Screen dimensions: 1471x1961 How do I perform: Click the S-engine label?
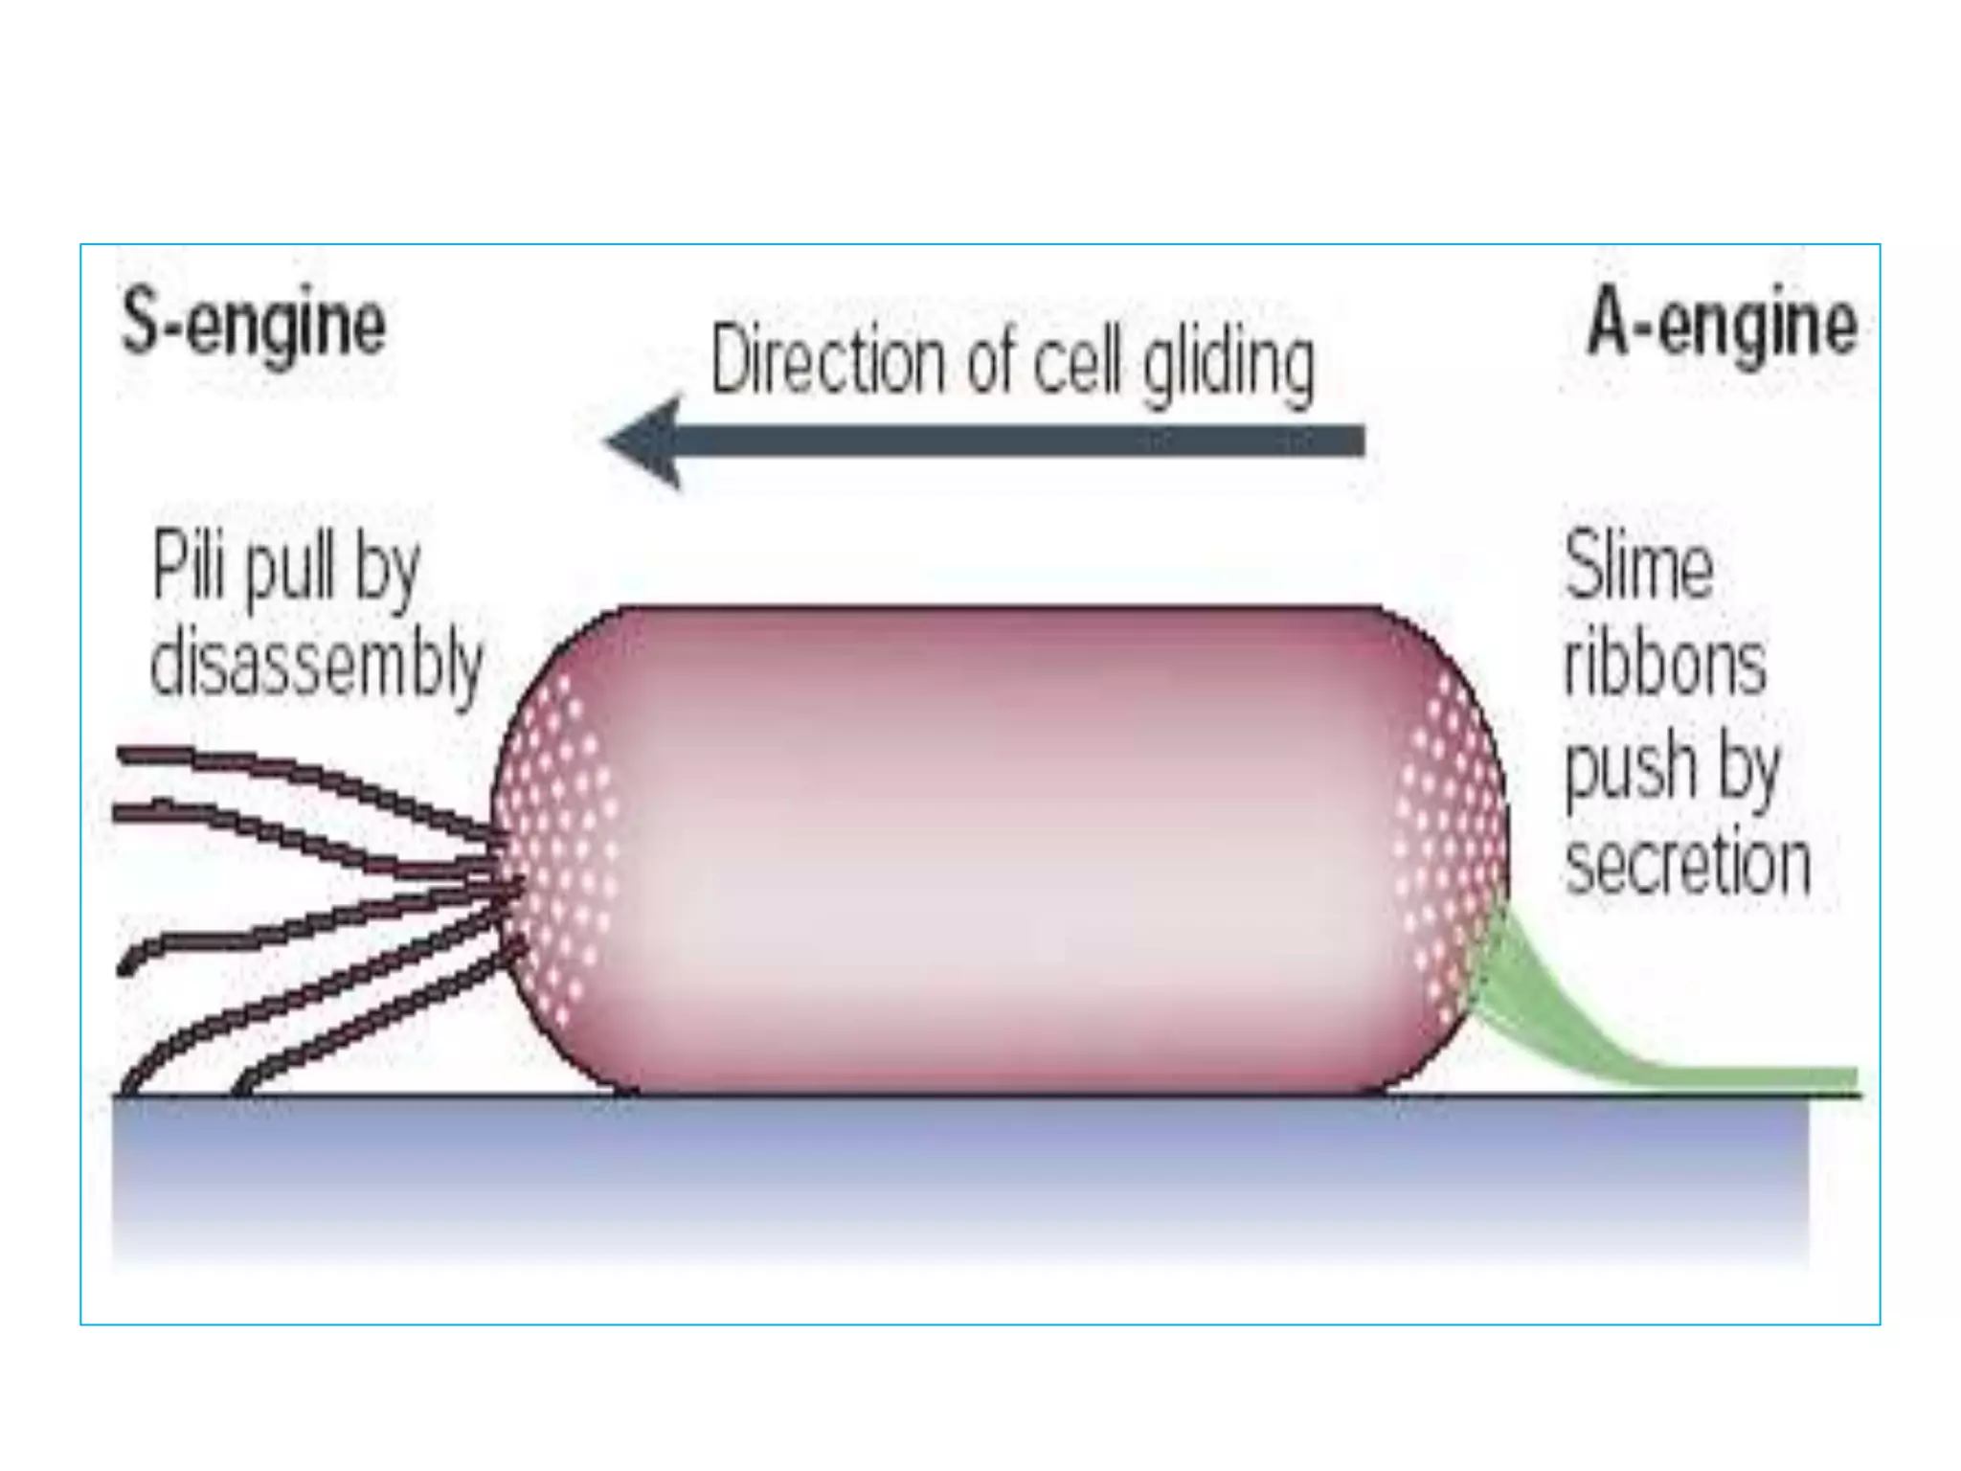pyautogui.click(x=254, y=325)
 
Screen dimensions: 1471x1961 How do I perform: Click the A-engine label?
pyautogui.click(x=1722, y=325)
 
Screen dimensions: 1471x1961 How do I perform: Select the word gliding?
pyautogui.click(x=1228, y=364)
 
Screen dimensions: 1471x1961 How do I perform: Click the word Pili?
pyautogui.click(x=189, y=566)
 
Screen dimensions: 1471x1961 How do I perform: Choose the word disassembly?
pyautogui.click(x=316, y=664)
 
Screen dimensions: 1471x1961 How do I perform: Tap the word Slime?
pyautogui.click(x=1638, y=566)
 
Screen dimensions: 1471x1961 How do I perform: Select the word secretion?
pyautogui.click(x=1687, y=865)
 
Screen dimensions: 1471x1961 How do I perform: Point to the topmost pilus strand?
pyautogui.click(x=287, y=771)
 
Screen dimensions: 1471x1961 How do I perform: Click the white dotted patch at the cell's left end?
pyautogui.click(x=560, y=843)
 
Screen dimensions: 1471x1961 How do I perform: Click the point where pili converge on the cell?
pyautogui.click(x=507, y=876)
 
